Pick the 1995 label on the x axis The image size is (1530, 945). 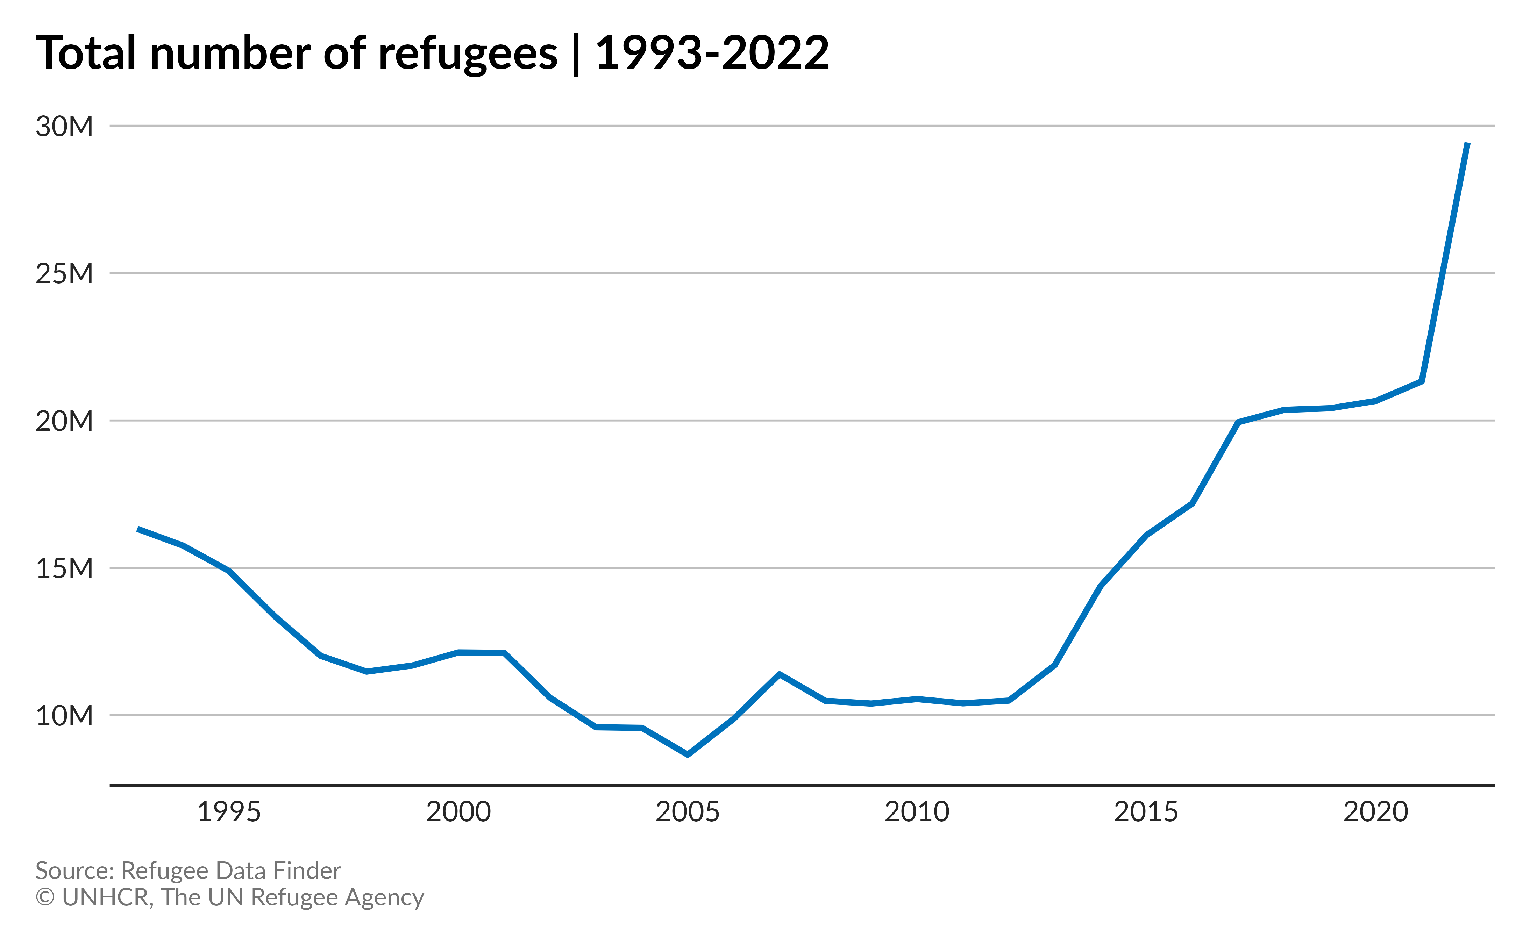click(x=229, y=812)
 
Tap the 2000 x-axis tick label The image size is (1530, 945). click(x=458, y=812)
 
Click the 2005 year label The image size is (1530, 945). click(x=688, y=812)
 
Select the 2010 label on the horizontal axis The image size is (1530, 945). click(x=917, y=812)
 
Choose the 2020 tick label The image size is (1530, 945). click(x=1376, y=812)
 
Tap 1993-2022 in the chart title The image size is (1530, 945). click(x=712, y=52)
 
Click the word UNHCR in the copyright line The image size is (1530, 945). click(x=107, y=897)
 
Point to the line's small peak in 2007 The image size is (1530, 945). click(x=780, y=674)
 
